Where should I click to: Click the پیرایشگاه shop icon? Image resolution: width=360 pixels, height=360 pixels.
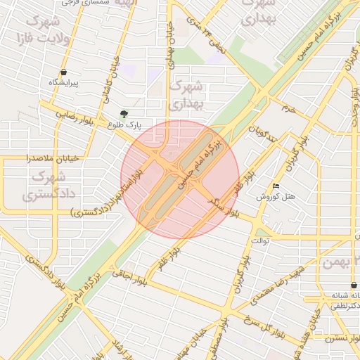point(63,72)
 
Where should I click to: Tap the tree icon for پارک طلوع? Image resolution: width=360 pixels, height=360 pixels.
point(124,114)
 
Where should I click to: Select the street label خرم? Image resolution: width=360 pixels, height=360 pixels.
point(288,110)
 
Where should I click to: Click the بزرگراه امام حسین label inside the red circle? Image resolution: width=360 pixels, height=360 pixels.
point(201,163)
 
